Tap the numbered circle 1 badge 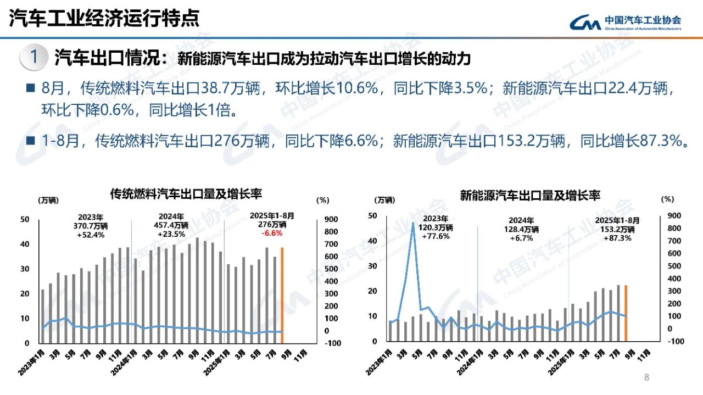click(34, 57)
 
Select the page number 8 click(646, 377)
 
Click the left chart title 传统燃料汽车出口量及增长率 click(186, 194)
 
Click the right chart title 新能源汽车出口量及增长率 click(530, 195)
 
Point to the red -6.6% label click(272, 233)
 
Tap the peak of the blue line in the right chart click(413, 222)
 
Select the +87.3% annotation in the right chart click(618, 238)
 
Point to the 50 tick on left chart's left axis click(25, 219)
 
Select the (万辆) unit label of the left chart click(48, 201)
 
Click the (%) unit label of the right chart click(667, 199)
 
